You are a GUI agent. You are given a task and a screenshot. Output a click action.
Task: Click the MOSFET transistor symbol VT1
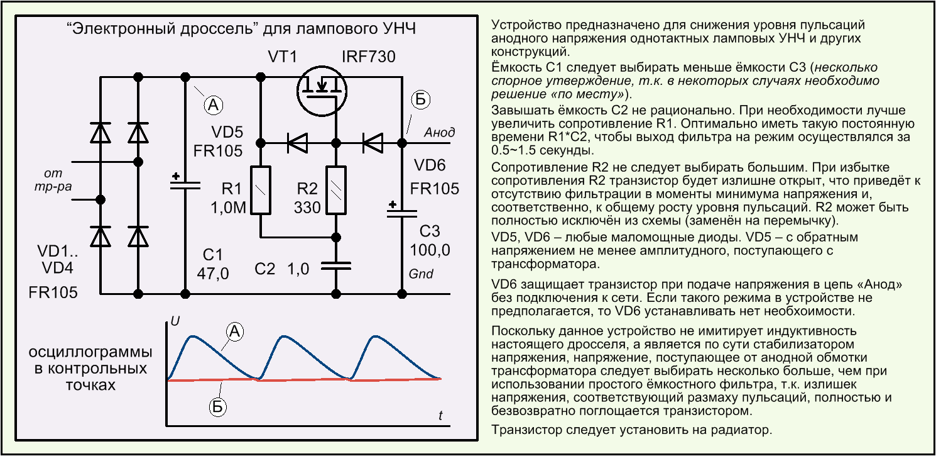click(322, 91)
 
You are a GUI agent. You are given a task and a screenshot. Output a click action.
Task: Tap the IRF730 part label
click(369, 57)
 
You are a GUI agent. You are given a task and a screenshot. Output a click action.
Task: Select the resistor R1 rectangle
click(261, 191)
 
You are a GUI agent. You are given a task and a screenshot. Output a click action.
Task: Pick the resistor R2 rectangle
click(336, 191)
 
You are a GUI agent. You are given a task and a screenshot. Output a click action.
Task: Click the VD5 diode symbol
click(298, 143)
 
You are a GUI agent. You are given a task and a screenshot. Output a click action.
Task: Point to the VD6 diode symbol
click(373, 143)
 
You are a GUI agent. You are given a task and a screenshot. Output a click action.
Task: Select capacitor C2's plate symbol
click(336, 266)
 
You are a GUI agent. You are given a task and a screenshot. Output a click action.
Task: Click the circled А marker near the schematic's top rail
click(214, 104)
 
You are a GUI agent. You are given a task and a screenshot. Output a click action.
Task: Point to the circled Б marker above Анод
click(420, 99)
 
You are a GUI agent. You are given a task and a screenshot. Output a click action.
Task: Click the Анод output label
click(440, 132)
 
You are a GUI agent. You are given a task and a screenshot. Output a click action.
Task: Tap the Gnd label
click(421, 274)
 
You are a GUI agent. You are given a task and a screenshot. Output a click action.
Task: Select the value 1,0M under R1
click(228, 208)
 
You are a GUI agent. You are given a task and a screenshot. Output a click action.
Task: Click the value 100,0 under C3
click(430, 250)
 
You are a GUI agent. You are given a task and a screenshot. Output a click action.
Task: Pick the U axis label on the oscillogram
click(175, 321)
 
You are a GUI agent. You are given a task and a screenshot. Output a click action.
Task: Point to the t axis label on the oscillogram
click(440, 415)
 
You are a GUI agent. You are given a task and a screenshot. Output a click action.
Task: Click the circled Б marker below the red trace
click(217, 407)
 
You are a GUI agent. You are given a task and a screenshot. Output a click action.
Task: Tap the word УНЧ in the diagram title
click(399, 28)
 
